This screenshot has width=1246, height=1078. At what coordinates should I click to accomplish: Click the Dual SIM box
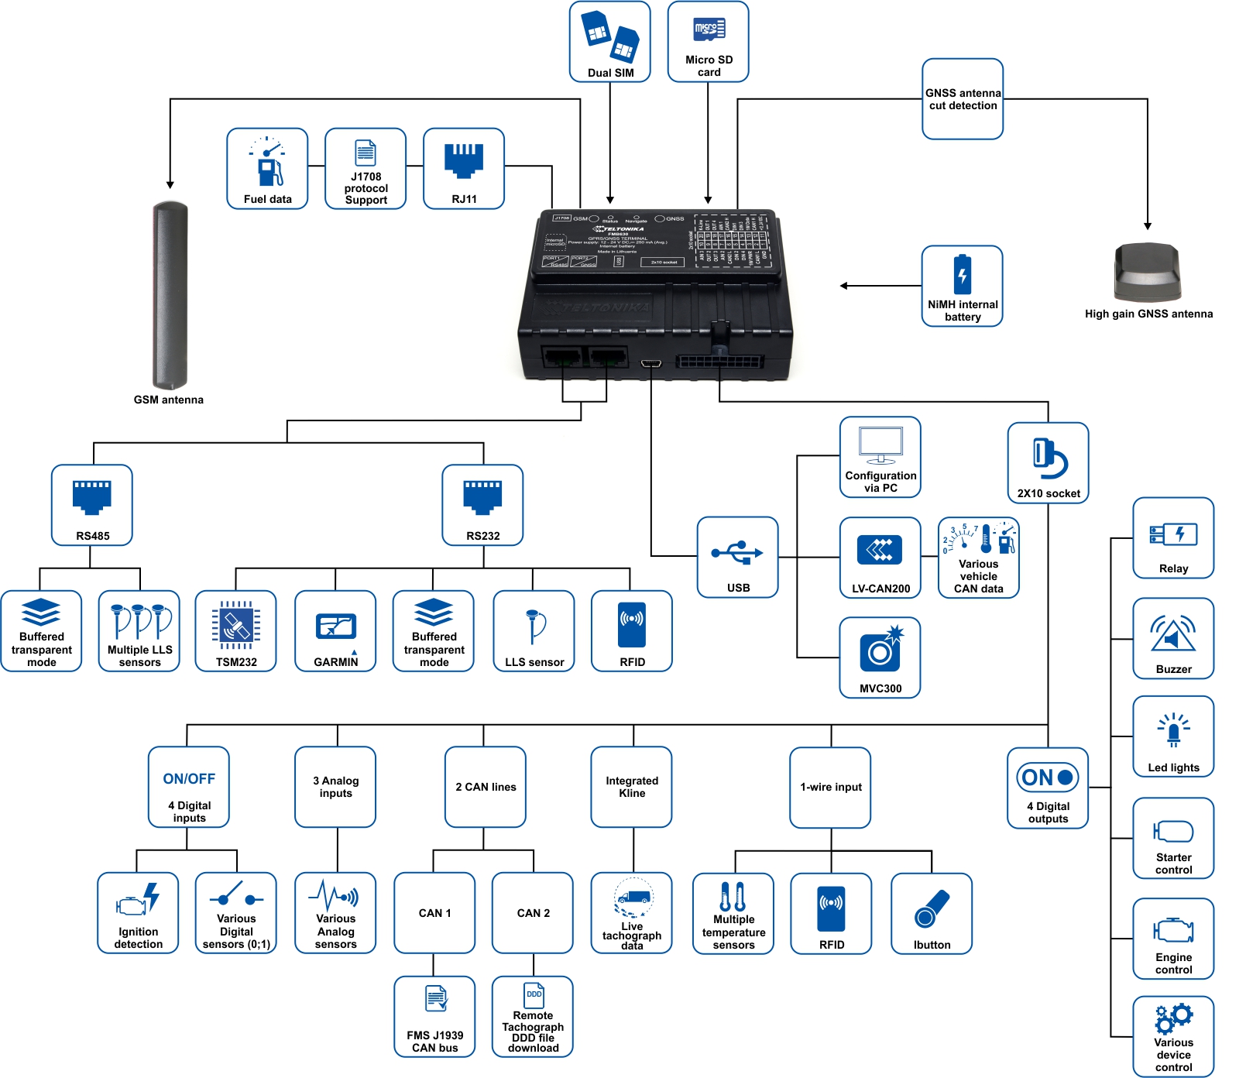point(609,42)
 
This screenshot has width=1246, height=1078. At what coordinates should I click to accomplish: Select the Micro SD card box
point(708,42)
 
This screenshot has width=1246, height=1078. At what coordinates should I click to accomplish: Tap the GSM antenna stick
point(170,295)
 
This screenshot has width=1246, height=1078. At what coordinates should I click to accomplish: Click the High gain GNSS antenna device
point(1147,272)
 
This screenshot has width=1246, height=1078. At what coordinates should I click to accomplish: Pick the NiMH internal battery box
point(963,286)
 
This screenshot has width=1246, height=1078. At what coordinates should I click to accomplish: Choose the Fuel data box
point(267,169)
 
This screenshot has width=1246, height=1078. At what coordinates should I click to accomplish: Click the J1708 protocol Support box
point(366,169)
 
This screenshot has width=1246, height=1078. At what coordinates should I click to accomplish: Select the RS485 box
point(92,505)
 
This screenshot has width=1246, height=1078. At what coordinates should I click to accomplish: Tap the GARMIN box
point(335,631)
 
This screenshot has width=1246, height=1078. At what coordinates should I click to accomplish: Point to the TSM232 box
point(236,631)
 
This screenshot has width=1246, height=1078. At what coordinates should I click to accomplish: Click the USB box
point(737,557)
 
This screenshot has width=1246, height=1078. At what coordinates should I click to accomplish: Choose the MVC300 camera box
point(880,657)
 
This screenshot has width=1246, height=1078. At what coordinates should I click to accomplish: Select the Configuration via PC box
point(880,457)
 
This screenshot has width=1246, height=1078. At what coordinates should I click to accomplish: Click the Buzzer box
point(1173,638)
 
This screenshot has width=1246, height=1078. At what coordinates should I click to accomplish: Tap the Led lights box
point(1173,736)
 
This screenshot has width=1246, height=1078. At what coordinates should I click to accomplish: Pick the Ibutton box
point(932,914)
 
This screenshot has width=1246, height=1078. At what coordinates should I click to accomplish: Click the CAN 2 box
point(533,913)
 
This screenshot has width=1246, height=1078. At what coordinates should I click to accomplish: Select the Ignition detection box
point(138,913)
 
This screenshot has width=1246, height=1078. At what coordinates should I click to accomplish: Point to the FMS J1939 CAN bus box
point(434,1017)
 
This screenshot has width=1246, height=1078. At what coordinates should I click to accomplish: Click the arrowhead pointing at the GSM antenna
point(170,184)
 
